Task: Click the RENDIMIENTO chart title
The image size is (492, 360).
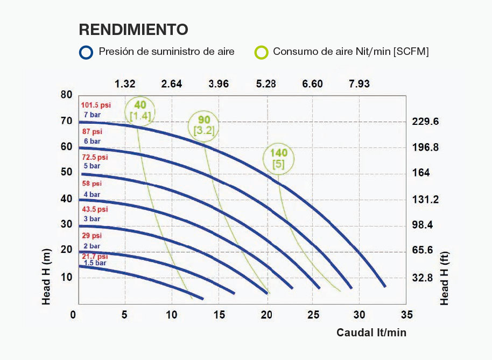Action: tap(133, 29)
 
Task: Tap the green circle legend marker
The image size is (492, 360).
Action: tap(262, 52)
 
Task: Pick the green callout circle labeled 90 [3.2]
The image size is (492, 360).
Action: tap(203, 125)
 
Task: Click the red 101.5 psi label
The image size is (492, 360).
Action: tap(96, 105)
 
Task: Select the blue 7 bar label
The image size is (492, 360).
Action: tap(92, 115)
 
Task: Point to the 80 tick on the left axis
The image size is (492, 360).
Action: tap(66, 95)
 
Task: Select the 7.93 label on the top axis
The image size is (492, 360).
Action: tap(359, 84)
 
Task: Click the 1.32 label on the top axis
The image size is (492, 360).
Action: tap(125, 84)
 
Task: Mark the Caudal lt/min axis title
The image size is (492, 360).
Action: tap(371, 333)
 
